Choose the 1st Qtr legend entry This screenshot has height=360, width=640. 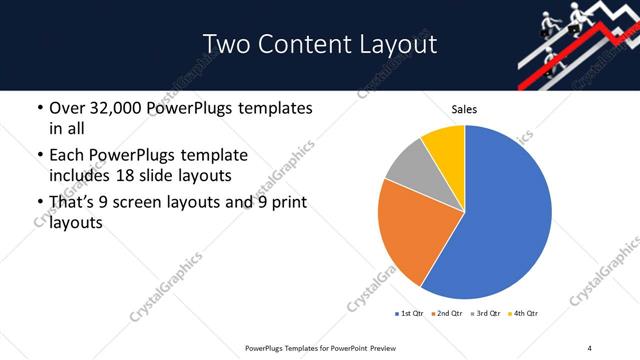point(412,314)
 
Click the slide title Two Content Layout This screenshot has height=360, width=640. point(320,44)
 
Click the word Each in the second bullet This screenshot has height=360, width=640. point(66,156)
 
